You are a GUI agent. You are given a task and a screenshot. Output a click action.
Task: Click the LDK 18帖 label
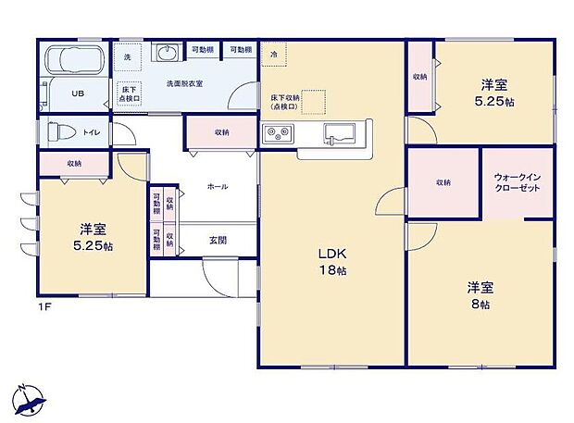[332, 261]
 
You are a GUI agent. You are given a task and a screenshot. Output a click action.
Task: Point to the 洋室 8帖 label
[479, 295]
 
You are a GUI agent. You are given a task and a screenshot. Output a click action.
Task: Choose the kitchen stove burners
[279, 135]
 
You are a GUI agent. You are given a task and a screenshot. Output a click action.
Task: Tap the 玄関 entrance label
[218, 240]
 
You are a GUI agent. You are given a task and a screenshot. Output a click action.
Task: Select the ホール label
[218, 186]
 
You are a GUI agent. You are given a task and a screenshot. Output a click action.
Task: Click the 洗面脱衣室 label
[184, 83]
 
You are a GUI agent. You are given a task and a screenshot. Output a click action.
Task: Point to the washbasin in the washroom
[168, 52]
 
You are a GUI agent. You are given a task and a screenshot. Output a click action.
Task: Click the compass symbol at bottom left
[28, 398]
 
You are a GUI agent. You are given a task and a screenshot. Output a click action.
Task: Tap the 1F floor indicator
[44, 305]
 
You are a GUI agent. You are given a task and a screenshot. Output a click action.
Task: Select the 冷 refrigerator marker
[274, 55]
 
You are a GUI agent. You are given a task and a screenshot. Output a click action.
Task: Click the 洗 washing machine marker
[129, 56]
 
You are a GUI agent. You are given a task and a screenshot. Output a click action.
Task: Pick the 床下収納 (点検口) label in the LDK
[284, 101]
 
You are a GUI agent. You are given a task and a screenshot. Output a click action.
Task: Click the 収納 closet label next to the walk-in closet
[443, 182]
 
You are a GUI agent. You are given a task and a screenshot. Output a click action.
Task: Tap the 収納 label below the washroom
[221, 132]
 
